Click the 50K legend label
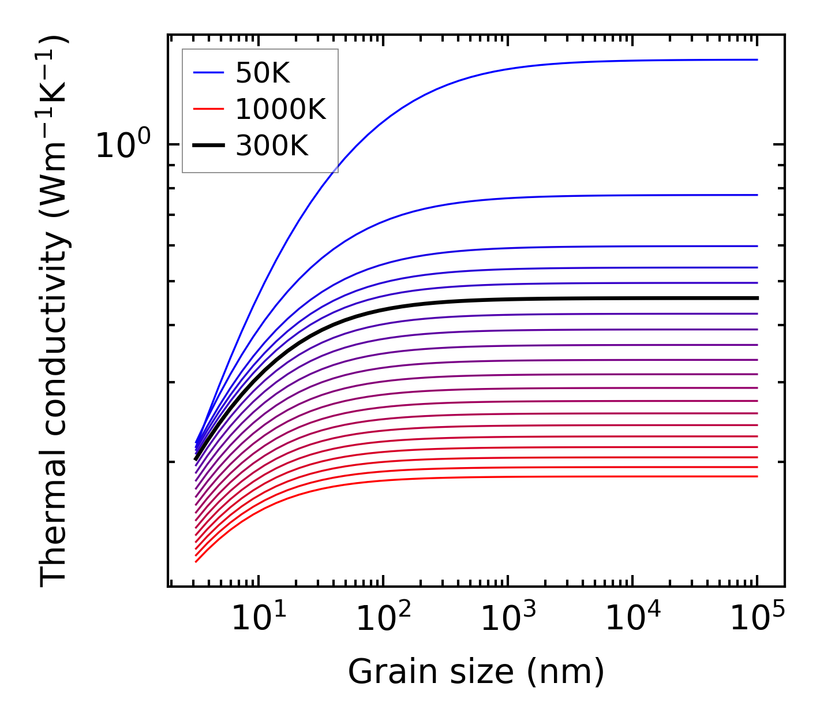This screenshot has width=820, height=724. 263,73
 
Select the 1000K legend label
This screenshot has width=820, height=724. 280,109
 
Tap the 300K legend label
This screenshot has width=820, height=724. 272,146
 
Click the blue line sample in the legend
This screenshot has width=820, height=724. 208,73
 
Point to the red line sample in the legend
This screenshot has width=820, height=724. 208,109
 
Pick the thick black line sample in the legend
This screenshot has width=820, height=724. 208,146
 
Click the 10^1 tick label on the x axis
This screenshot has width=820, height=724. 259,620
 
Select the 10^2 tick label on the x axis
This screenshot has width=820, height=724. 383,620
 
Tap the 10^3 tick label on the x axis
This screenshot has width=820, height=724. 508,620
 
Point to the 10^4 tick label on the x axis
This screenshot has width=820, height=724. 632,620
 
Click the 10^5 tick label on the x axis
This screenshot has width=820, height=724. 757,620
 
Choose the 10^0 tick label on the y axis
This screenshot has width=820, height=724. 123,145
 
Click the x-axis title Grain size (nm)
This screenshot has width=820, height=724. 476,672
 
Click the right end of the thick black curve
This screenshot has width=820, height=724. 757,298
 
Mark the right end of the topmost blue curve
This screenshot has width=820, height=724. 757,59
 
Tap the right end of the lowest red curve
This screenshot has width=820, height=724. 757,476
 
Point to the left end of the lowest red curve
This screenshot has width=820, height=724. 196,561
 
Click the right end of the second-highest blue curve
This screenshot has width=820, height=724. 757,195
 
